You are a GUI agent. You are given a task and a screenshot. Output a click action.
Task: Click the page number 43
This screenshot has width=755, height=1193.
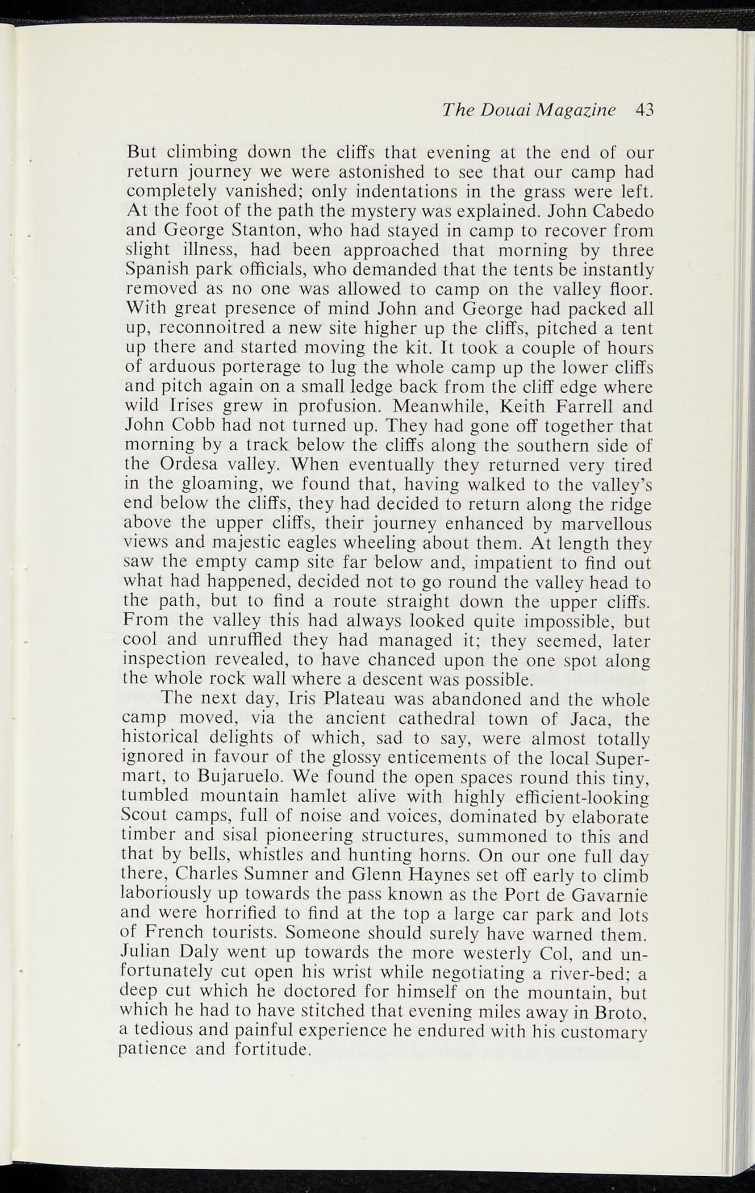645,110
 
